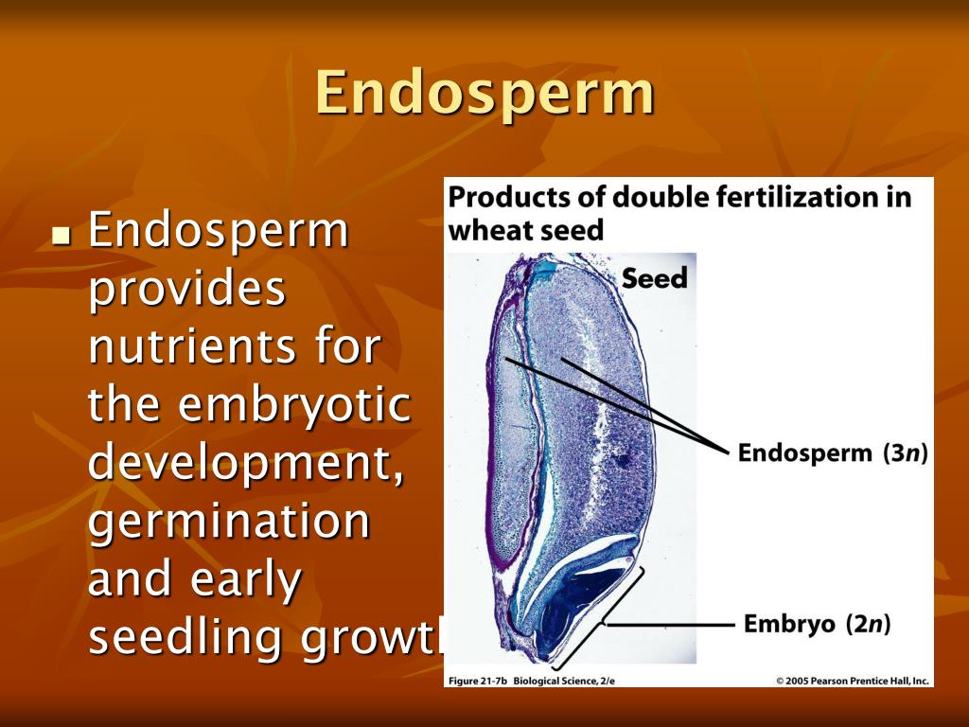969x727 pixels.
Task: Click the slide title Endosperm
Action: point(484,93)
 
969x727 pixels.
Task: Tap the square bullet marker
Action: point(62,233)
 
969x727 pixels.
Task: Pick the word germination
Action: point(228,523)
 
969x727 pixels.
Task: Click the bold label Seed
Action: point(654,278)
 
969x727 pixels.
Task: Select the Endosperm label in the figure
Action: point(804,452)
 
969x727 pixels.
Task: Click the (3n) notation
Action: point(905,452)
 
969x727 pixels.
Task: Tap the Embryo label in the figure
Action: point(789,625)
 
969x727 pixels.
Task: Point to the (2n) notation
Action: point(867,625)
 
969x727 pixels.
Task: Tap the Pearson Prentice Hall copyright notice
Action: point(853,680)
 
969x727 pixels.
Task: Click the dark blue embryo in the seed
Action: point(577,606)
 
